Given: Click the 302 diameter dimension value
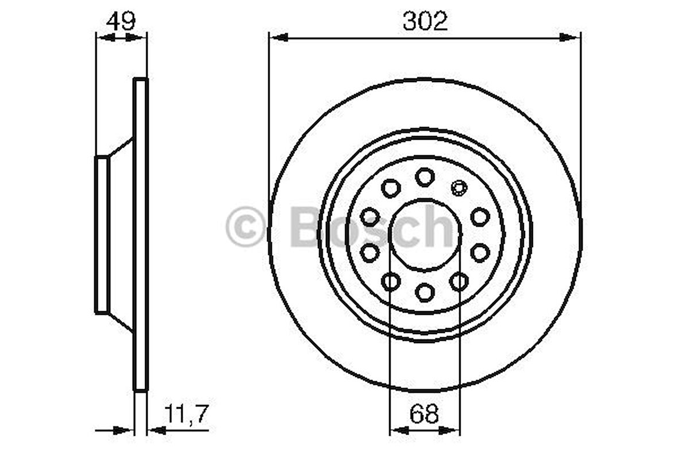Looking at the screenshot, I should click(425, 22).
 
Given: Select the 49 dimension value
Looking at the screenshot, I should click(121, 21).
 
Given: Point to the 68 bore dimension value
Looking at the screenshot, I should click(425, 413).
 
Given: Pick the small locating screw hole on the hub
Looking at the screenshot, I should click(458, 186).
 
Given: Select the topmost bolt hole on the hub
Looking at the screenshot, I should click(425, 177).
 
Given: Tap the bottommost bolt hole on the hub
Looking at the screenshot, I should click(425, 292).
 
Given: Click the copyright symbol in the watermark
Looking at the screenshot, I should click(245, 228).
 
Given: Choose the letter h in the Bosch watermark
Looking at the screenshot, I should click(442, 227).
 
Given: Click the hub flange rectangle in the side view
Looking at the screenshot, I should click(102, 235).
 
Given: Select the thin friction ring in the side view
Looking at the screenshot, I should click(141, 235).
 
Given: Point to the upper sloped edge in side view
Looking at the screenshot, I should click(121, 147).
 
